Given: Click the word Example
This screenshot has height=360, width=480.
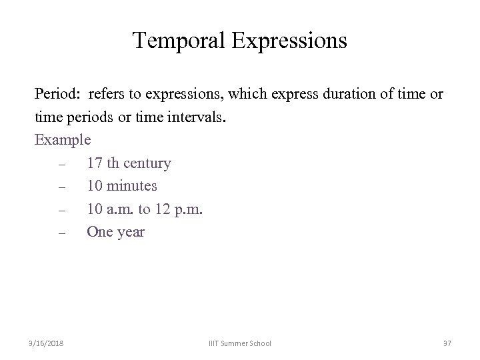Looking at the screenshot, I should point(63,141).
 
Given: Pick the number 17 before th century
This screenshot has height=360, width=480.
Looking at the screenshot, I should point(95,163).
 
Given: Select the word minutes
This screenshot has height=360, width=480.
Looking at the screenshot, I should point(133,187).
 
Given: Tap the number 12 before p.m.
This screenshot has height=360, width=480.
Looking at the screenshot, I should point(163,210).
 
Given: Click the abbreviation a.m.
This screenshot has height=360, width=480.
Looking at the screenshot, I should point(121,210).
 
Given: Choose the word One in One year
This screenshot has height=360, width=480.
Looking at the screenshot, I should point(100,233).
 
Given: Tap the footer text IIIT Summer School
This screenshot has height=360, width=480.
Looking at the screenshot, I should point(239,343).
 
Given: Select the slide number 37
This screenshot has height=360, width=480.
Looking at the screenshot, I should point(447,343).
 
